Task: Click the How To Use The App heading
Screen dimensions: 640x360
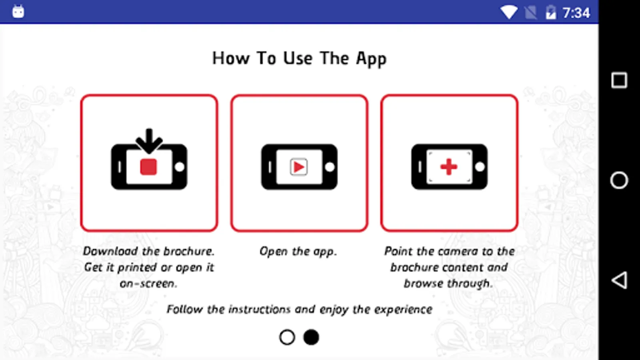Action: [x=300, y=58]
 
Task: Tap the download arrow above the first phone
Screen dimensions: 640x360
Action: [x=149, y=141]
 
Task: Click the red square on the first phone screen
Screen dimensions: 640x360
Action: [x=148, y=166]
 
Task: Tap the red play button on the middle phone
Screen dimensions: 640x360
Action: [x=299, y=167]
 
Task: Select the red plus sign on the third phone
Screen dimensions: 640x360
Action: [x=449, y=166]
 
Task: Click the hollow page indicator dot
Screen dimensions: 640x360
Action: [x=287, y=337]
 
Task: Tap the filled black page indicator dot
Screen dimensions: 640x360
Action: [x=311, y=337]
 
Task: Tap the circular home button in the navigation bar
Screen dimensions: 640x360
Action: [x=619, y=180]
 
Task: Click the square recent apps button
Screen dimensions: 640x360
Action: [x=619, y=80]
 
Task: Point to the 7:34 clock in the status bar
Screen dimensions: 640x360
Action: [x=576, y=13]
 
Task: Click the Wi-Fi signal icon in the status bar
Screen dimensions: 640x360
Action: [x=509, y=12]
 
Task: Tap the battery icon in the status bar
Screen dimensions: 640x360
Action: [x=551, y=12]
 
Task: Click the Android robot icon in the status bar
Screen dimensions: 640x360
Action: [x=18, y=12]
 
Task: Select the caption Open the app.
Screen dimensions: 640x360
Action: [x=298, y=252]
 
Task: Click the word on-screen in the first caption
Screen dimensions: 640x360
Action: [x=148, y=284]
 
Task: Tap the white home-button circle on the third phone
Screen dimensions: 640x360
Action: [x=480, y=167]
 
